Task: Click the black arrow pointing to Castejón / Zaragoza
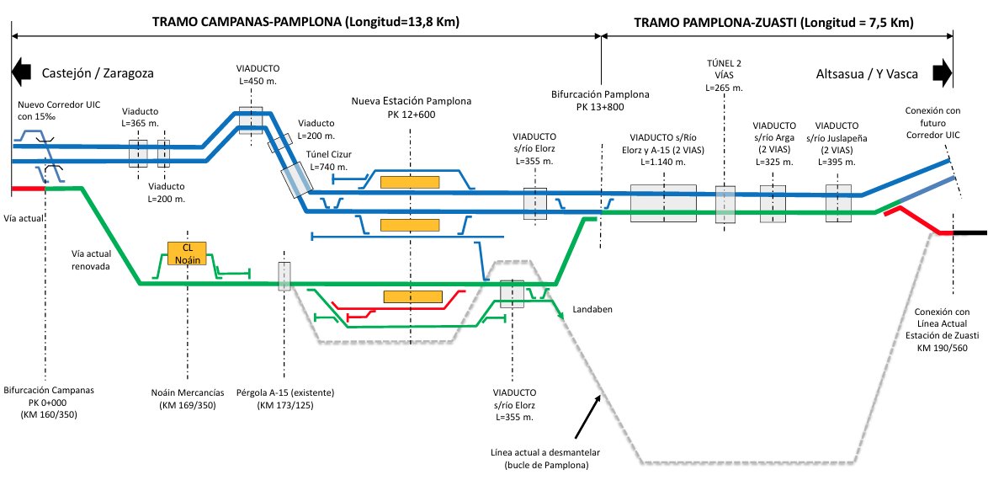click(21, 72)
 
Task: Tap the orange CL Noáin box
click(187, 253)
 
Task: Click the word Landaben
click(592, 309)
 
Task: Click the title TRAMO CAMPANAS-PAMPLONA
click(247, 22)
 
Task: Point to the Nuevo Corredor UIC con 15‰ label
click(59, 109)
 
